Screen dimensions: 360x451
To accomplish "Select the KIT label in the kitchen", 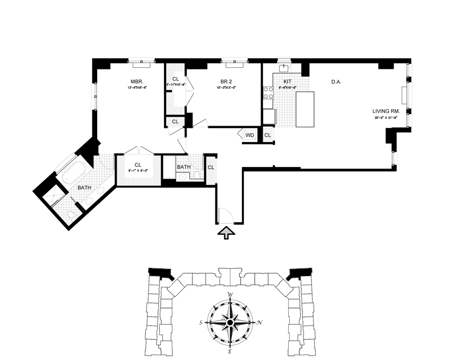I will point(287,82).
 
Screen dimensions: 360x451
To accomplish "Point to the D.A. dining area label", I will point(336,82).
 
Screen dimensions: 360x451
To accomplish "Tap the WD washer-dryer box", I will point(249,135).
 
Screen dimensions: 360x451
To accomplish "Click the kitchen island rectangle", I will point(305,109).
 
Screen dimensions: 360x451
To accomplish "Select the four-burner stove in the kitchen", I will point(268,93).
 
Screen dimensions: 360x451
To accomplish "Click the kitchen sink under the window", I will point(284,68).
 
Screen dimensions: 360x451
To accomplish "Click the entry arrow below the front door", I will point(226,232).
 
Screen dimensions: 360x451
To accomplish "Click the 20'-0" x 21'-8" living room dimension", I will point(385,118).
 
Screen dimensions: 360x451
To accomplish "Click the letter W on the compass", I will point(230,295).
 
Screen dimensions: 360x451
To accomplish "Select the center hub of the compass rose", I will point(230,322).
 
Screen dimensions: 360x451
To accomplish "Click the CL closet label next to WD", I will point(267,135).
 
